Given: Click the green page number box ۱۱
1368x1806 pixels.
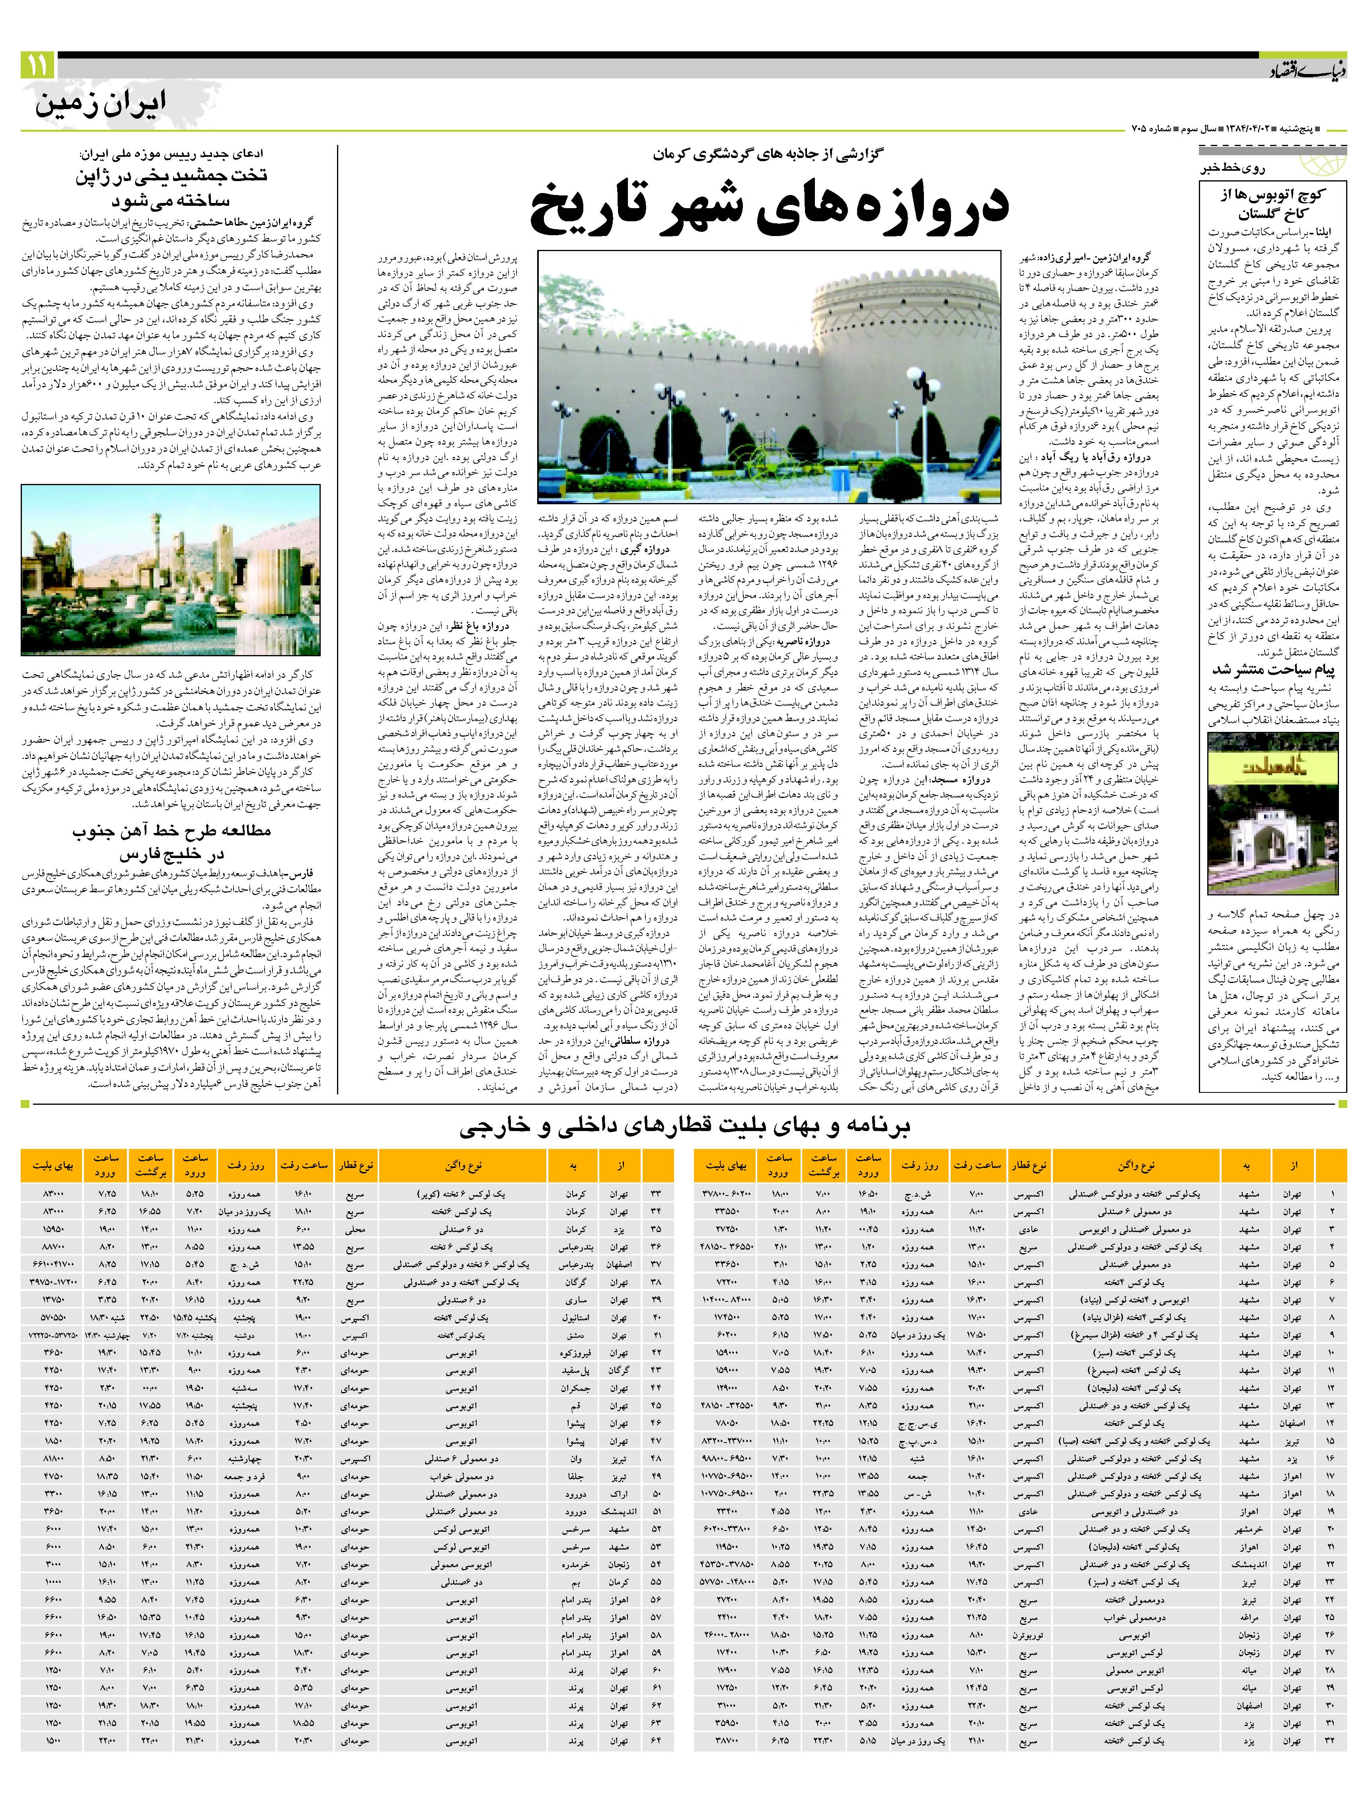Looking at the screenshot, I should click(37, 65).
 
